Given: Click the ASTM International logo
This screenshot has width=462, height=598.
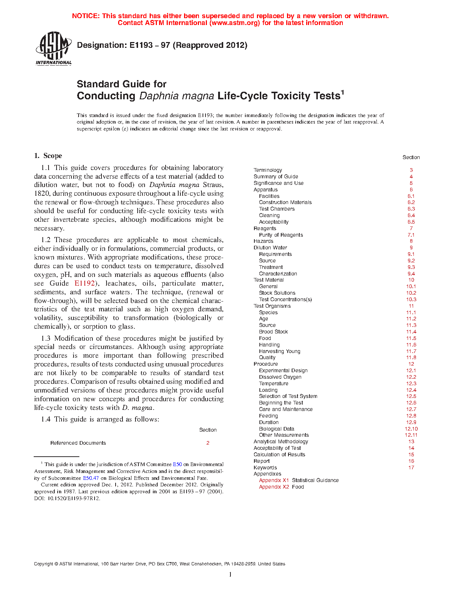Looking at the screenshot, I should point(54,48).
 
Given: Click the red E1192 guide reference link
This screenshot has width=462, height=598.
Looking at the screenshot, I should point(84,283).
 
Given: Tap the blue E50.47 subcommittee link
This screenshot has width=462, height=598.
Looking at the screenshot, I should point(91,478).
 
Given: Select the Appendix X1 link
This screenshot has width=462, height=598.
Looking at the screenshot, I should point(274,480).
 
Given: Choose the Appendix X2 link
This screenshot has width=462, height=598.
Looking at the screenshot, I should point(274,487).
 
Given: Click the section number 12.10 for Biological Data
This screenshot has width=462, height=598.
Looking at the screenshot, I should point(411,429).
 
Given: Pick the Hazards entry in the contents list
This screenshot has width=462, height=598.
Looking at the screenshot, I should point(263,241).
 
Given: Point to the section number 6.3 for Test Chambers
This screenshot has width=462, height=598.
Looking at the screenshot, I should point(411,209).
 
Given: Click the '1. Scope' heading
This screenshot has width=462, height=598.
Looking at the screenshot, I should point(48,156).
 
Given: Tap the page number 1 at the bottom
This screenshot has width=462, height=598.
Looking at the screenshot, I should point(230,574).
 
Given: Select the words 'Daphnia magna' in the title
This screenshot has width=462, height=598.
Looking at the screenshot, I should point(176,96).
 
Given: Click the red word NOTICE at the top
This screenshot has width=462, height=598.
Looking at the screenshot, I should point(86,16).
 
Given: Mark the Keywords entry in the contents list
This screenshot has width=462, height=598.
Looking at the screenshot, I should point(265,468).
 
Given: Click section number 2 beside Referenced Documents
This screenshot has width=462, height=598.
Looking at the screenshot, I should point(208,443).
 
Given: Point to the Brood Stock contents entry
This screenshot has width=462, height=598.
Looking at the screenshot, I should point(273,332).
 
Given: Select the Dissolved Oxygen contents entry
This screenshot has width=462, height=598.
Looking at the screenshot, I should point(280,377).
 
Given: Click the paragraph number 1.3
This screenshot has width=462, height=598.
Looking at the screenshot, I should point(46,339).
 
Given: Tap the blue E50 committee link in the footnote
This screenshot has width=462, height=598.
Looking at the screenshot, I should point(177,464).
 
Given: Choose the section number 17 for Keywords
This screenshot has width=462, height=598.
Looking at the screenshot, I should point(411,468).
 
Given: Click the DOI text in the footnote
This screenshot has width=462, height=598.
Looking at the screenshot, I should point(67,498).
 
